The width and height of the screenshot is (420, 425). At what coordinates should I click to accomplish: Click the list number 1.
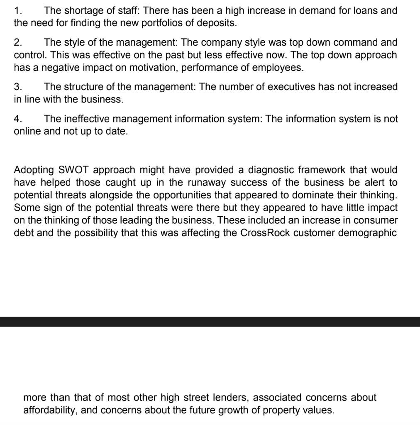coord(17,10)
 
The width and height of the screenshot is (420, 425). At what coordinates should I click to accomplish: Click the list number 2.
coord(17,42)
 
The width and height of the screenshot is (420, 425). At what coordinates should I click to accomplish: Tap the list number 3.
coord(17,87)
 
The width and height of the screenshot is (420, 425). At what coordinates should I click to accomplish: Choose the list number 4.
coord(17,119)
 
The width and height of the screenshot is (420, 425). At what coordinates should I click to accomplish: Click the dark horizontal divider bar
coord(210,322)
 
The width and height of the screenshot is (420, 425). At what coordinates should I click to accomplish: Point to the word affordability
coord(50,410)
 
